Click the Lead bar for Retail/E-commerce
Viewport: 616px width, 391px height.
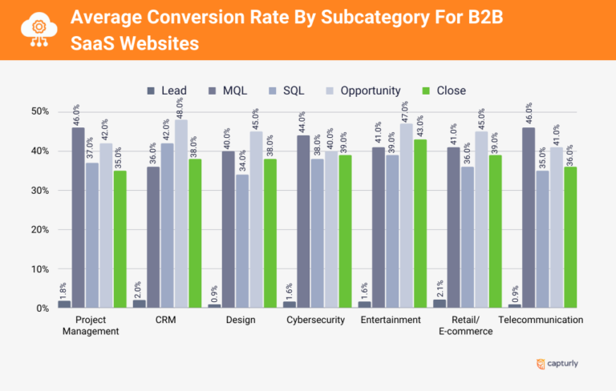click(439, 304)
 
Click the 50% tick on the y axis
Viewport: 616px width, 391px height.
click(38, 111)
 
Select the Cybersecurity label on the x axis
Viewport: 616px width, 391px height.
click(315, 320)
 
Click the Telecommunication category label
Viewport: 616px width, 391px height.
click(541, 320)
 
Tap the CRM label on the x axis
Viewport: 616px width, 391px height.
click(166, 320)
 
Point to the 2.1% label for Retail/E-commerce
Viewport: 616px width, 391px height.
click(439, 286)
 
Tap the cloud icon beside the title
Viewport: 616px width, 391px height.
click(35, 30)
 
